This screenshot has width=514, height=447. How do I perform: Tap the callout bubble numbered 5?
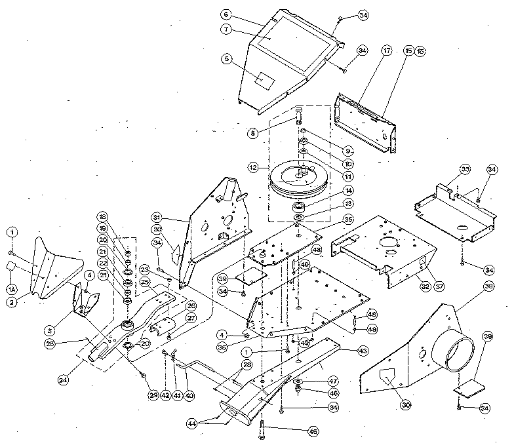coord(226,58)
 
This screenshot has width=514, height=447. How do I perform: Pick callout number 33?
coord(465,169)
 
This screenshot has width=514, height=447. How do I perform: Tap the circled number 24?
coord(64,378)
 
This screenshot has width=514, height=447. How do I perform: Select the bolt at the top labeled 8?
coord(299,118)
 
